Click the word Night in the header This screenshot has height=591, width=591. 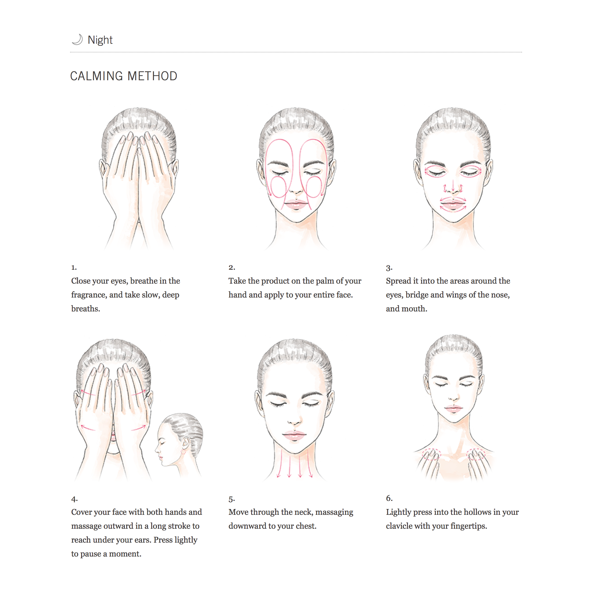[100, 40]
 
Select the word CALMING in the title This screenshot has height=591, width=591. [97, 76]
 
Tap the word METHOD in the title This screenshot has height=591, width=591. [152, 76]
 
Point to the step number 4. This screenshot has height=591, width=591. [74, 499]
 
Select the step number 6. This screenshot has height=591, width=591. [389, 498]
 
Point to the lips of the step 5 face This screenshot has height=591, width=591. [294, 436]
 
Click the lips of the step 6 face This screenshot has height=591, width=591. [453, 409]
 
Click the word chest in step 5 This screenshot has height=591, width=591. [304, 526]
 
